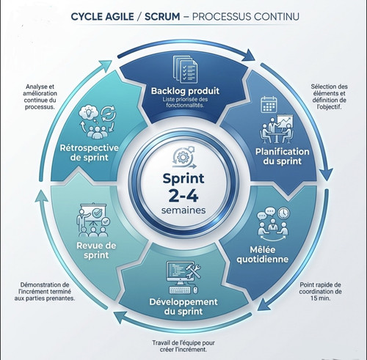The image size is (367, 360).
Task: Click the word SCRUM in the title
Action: point(162,17)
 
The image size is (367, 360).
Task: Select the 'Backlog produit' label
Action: point(185,91)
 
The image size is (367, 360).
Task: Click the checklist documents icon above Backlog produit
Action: point(185,69)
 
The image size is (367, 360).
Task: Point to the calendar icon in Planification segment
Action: point(269,105)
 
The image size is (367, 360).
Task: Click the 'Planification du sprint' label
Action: point(283,156)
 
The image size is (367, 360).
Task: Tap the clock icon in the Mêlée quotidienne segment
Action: point(284,213)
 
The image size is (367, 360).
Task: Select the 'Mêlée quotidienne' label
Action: point(263,254)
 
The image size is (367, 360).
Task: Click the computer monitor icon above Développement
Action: point(178,272)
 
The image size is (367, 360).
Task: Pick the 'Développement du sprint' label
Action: point(183,306)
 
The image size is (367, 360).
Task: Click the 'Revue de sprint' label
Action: point(96,250)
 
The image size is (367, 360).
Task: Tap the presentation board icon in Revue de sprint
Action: point(93,213)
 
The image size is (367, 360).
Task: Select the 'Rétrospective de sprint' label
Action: point(90,153)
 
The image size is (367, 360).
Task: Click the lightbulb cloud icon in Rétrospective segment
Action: point(89,113)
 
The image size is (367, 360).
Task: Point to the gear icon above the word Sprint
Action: point(182,157)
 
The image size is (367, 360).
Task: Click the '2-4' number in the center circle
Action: point(183,196)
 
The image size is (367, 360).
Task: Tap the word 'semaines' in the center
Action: point(183,210)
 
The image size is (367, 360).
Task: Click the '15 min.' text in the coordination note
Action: point(321,298)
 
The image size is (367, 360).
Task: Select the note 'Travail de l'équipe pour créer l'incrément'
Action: point(183,346)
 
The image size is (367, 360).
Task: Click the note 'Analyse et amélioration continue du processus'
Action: point(40,97)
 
